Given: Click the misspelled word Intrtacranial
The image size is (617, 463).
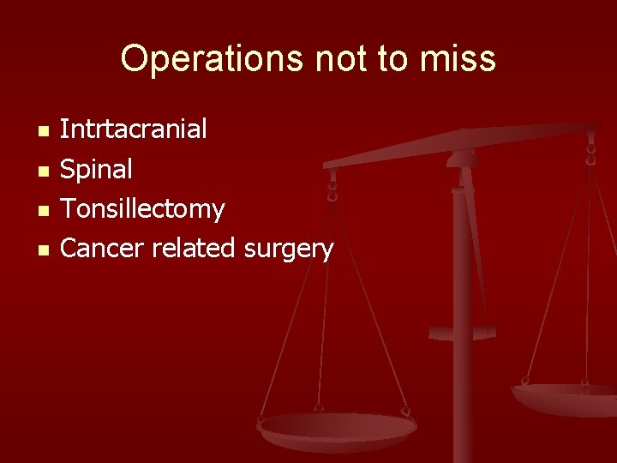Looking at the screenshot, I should pos(133,129).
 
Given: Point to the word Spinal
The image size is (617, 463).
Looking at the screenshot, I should pos(96,170).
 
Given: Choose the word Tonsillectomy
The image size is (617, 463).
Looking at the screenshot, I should pos(142,208).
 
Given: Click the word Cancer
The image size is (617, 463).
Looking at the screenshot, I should pos(102,249).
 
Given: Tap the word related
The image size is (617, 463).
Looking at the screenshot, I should pos(195,249).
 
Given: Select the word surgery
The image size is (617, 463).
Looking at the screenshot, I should pos(288,249).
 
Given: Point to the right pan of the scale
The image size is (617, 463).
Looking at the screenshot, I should pos(566,396).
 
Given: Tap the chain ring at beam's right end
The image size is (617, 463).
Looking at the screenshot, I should pos(590,151).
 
